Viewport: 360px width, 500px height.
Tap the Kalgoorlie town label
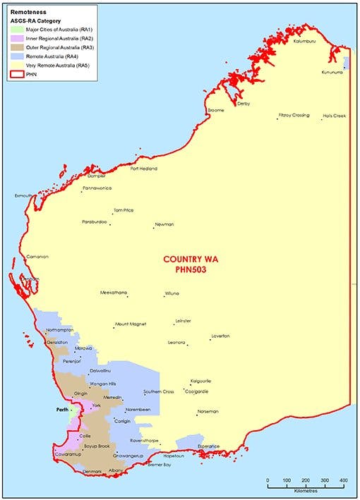tap(200, 381)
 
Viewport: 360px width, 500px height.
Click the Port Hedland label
tap(144, 169)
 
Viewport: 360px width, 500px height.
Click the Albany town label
tap(117, 470)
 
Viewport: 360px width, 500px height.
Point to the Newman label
tap(164, 224)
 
